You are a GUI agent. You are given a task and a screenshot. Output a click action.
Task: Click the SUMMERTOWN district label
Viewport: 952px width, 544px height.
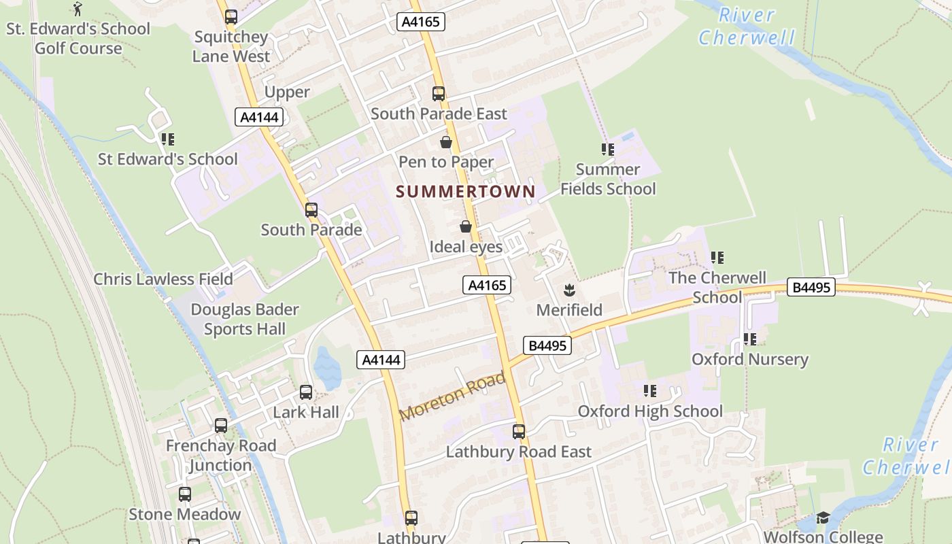point(466,192)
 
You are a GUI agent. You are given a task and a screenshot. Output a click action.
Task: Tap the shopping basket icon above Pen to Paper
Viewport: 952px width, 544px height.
point(445,142)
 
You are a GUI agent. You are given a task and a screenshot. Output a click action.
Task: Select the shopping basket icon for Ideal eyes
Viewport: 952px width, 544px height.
point(466,226)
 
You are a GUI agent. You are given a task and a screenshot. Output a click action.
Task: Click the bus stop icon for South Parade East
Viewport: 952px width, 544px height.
point(439,94)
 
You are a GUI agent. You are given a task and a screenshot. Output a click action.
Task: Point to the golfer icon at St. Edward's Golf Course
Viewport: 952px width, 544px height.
point(78,9)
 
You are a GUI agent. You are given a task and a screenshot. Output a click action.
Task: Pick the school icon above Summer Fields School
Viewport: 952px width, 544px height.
point(607,150)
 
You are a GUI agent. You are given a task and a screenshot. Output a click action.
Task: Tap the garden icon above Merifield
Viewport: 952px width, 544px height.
point(569,290)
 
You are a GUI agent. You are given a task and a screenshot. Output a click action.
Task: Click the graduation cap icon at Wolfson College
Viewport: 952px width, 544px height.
point(823,518)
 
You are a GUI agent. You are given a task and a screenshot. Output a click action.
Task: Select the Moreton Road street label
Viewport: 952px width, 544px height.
point(453,396)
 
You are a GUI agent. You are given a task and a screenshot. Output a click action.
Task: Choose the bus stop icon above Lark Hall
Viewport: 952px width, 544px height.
point(306,392)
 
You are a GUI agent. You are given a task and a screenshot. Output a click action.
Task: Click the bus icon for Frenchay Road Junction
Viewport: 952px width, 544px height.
point(221,426)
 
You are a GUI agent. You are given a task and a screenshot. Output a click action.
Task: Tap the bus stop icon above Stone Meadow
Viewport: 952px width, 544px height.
point(185,494)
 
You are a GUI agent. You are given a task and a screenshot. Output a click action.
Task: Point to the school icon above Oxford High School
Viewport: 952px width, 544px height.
point(650,391)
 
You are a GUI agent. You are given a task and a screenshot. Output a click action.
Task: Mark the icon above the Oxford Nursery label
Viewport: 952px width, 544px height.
point(749,339)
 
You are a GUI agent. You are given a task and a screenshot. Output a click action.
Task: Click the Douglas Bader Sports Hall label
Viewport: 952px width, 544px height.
point(245,319)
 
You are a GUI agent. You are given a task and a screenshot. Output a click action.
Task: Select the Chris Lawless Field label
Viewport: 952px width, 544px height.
point(163,279)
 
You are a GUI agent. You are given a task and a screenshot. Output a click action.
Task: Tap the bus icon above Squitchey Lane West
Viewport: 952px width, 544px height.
point(231,17)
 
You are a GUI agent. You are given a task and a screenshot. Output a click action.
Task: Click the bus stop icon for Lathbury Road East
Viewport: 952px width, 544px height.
point(519,431)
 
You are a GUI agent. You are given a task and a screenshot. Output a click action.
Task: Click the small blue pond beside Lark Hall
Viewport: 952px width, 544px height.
point(327,368)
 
